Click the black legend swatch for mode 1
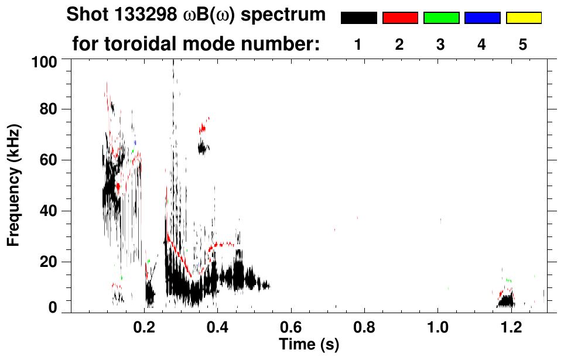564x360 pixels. pyautogui.click(x=358, y=18)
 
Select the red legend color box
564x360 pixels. pyautogui.click(x=400, y=18)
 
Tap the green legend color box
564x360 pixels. pyautogui.click(x=441, y=18)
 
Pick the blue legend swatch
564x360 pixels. pyautogui.click(x=482, y=18)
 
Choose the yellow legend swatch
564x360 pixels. pyautogui.click(x=524, y=18)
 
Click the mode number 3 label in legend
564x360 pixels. pyautogui.click(x=440, y=44)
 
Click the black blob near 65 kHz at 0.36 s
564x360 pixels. pyautogui.click(x=203, y=148)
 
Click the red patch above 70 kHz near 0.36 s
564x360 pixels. pyautogui.click(x=203, y=127)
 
